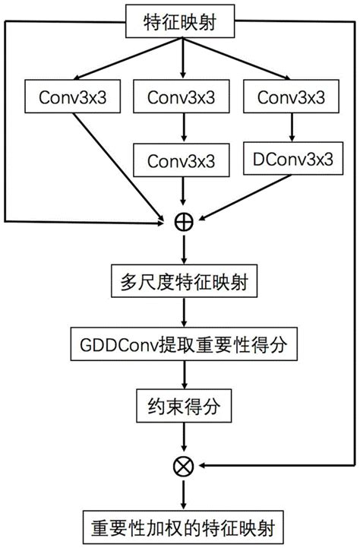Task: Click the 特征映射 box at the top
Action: pyautogui.click(x=182, y=24)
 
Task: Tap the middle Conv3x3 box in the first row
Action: pyautogui.click(x=182, y=97)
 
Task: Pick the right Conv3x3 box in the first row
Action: pyautogui.click(x=292, y=97)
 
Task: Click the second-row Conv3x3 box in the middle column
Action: pyautogui.click(x=182, y=160)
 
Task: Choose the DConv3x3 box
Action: pyautogui.click(x=292, y=159)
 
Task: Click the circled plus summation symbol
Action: pyautogui.click(x=183, y=221)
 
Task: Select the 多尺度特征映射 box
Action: pyautogui.click(x=183, y=283)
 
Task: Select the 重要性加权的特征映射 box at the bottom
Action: pyautogui.click(x=183, y=526)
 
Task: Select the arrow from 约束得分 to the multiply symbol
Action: pyautogui.click(x=183, y=437)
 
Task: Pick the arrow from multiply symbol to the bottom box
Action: pyautogui.click(x=183, y=494)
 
